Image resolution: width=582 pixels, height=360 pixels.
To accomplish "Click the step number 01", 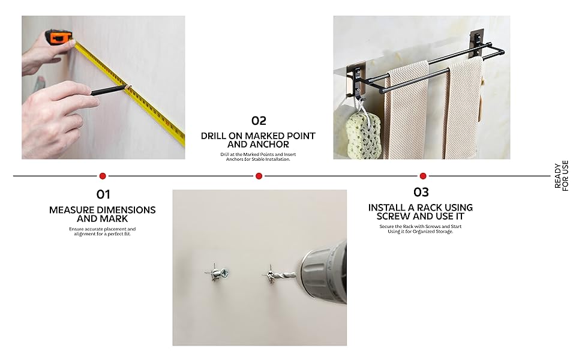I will pos(104,194).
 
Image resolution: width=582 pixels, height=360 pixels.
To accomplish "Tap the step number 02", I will pos(259,121).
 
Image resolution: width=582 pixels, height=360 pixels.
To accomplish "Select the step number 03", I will pos(421,192).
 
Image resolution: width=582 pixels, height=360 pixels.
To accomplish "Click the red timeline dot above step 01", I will pos(103,176).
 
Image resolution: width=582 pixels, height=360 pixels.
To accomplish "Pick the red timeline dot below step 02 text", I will pos(259,176).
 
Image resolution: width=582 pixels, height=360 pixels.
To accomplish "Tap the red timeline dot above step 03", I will pos(423,176).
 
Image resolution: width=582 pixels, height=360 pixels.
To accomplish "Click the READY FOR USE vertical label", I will pos(561,176).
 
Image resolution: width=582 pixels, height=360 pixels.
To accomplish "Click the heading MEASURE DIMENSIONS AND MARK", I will pos(103,214).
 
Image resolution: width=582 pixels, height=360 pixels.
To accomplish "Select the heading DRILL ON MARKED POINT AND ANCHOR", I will pos(258,140).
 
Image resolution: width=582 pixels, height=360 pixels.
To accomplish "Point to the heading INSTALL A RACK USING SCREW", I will pos(421,211).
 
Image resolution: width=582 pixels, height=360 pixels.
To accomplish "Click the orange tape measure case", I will pos(59,38).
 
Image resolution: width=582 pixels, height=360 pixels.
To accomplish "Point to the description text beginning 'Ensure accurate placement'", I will pos(103,231).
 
